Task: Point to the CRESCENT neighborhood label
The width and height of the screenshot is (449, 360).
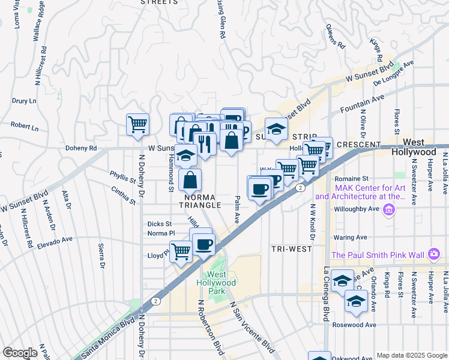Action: click(358, 145)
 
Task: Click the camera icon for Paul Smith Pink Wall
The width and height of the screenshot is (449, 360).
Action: click(434, 255)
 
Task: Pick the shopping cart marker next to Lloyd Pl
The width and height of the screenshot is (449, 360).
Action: click(181, 252)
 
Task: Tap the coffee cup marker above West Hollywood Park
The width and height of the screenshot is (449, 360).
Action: click(203, 245)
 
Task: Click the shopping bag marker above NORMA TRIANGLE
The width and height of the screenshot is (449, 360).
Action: click(190, 180)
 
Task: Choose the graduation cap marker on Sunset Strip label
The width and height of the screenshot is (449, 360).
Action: click(276, 129)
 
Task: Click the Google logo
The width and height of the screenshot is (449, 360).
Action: click(20, 353)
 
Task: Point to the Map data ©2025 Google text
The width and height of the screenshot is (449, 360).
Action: click(412, 355)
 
